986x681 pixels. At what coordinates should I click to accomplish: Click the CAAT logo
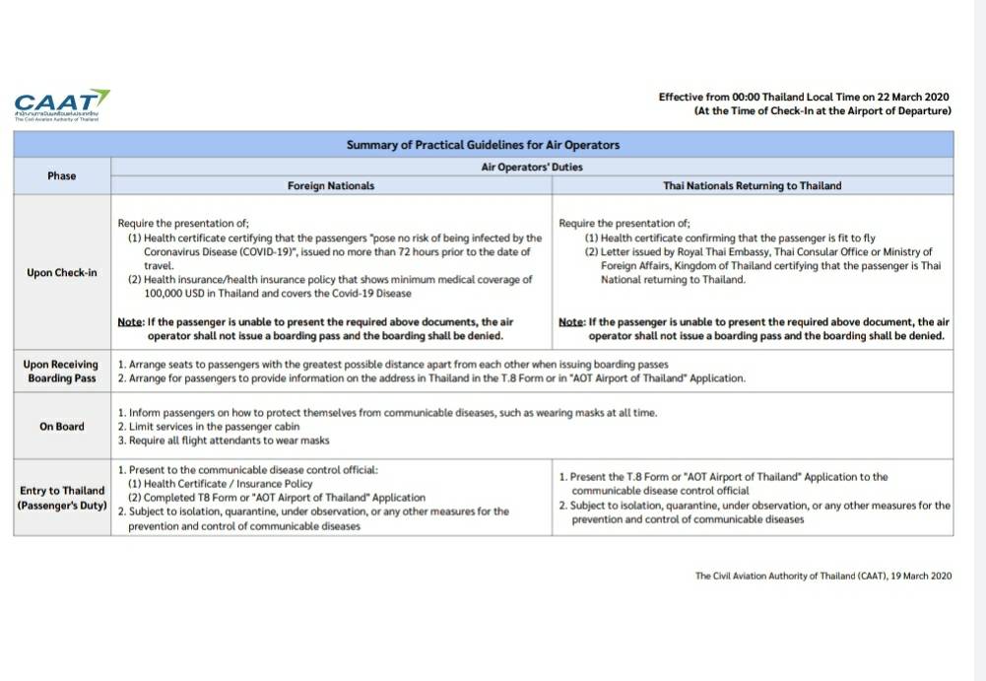tap(62, 103)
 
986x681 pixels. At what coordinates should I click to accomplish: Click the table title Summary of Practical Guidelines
tap(483, 145)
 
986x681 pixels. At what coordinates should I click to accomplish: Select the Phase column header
tap(61, 175)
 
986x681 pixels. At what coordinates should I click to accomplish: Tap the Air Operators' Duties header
tap(531, 167)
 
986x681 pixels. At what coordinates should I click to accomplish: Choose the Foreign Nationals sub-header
tap(330, 185)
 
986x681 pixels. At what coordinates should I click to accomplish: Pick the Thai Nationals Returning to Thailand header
tap(753, 185)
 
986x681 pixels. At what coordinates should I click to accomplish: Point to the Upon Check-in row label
tap(61, 273)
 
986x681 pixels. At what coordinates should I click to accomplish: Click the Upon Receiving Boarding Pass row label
tap(61, 372)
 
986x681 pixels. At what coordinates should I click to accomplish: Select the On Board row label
tap(61, 427)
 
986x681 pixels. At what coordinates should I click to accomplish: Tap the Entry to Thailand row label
tap(61, 498)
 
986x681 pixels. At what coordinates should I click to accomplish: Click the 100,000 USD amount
tap(175, 294)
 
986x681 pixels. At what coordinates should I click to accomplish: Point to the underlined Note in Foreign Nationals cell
tap(130, 322)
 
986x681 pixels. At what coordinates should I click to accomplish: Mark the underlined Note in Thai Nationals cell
tap(571, 322)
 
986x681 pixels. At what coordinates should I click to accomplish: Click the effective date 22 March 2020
tap(902, 97)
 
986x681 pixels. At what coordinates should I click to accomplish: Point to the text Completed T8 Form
tap(188, 498)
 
